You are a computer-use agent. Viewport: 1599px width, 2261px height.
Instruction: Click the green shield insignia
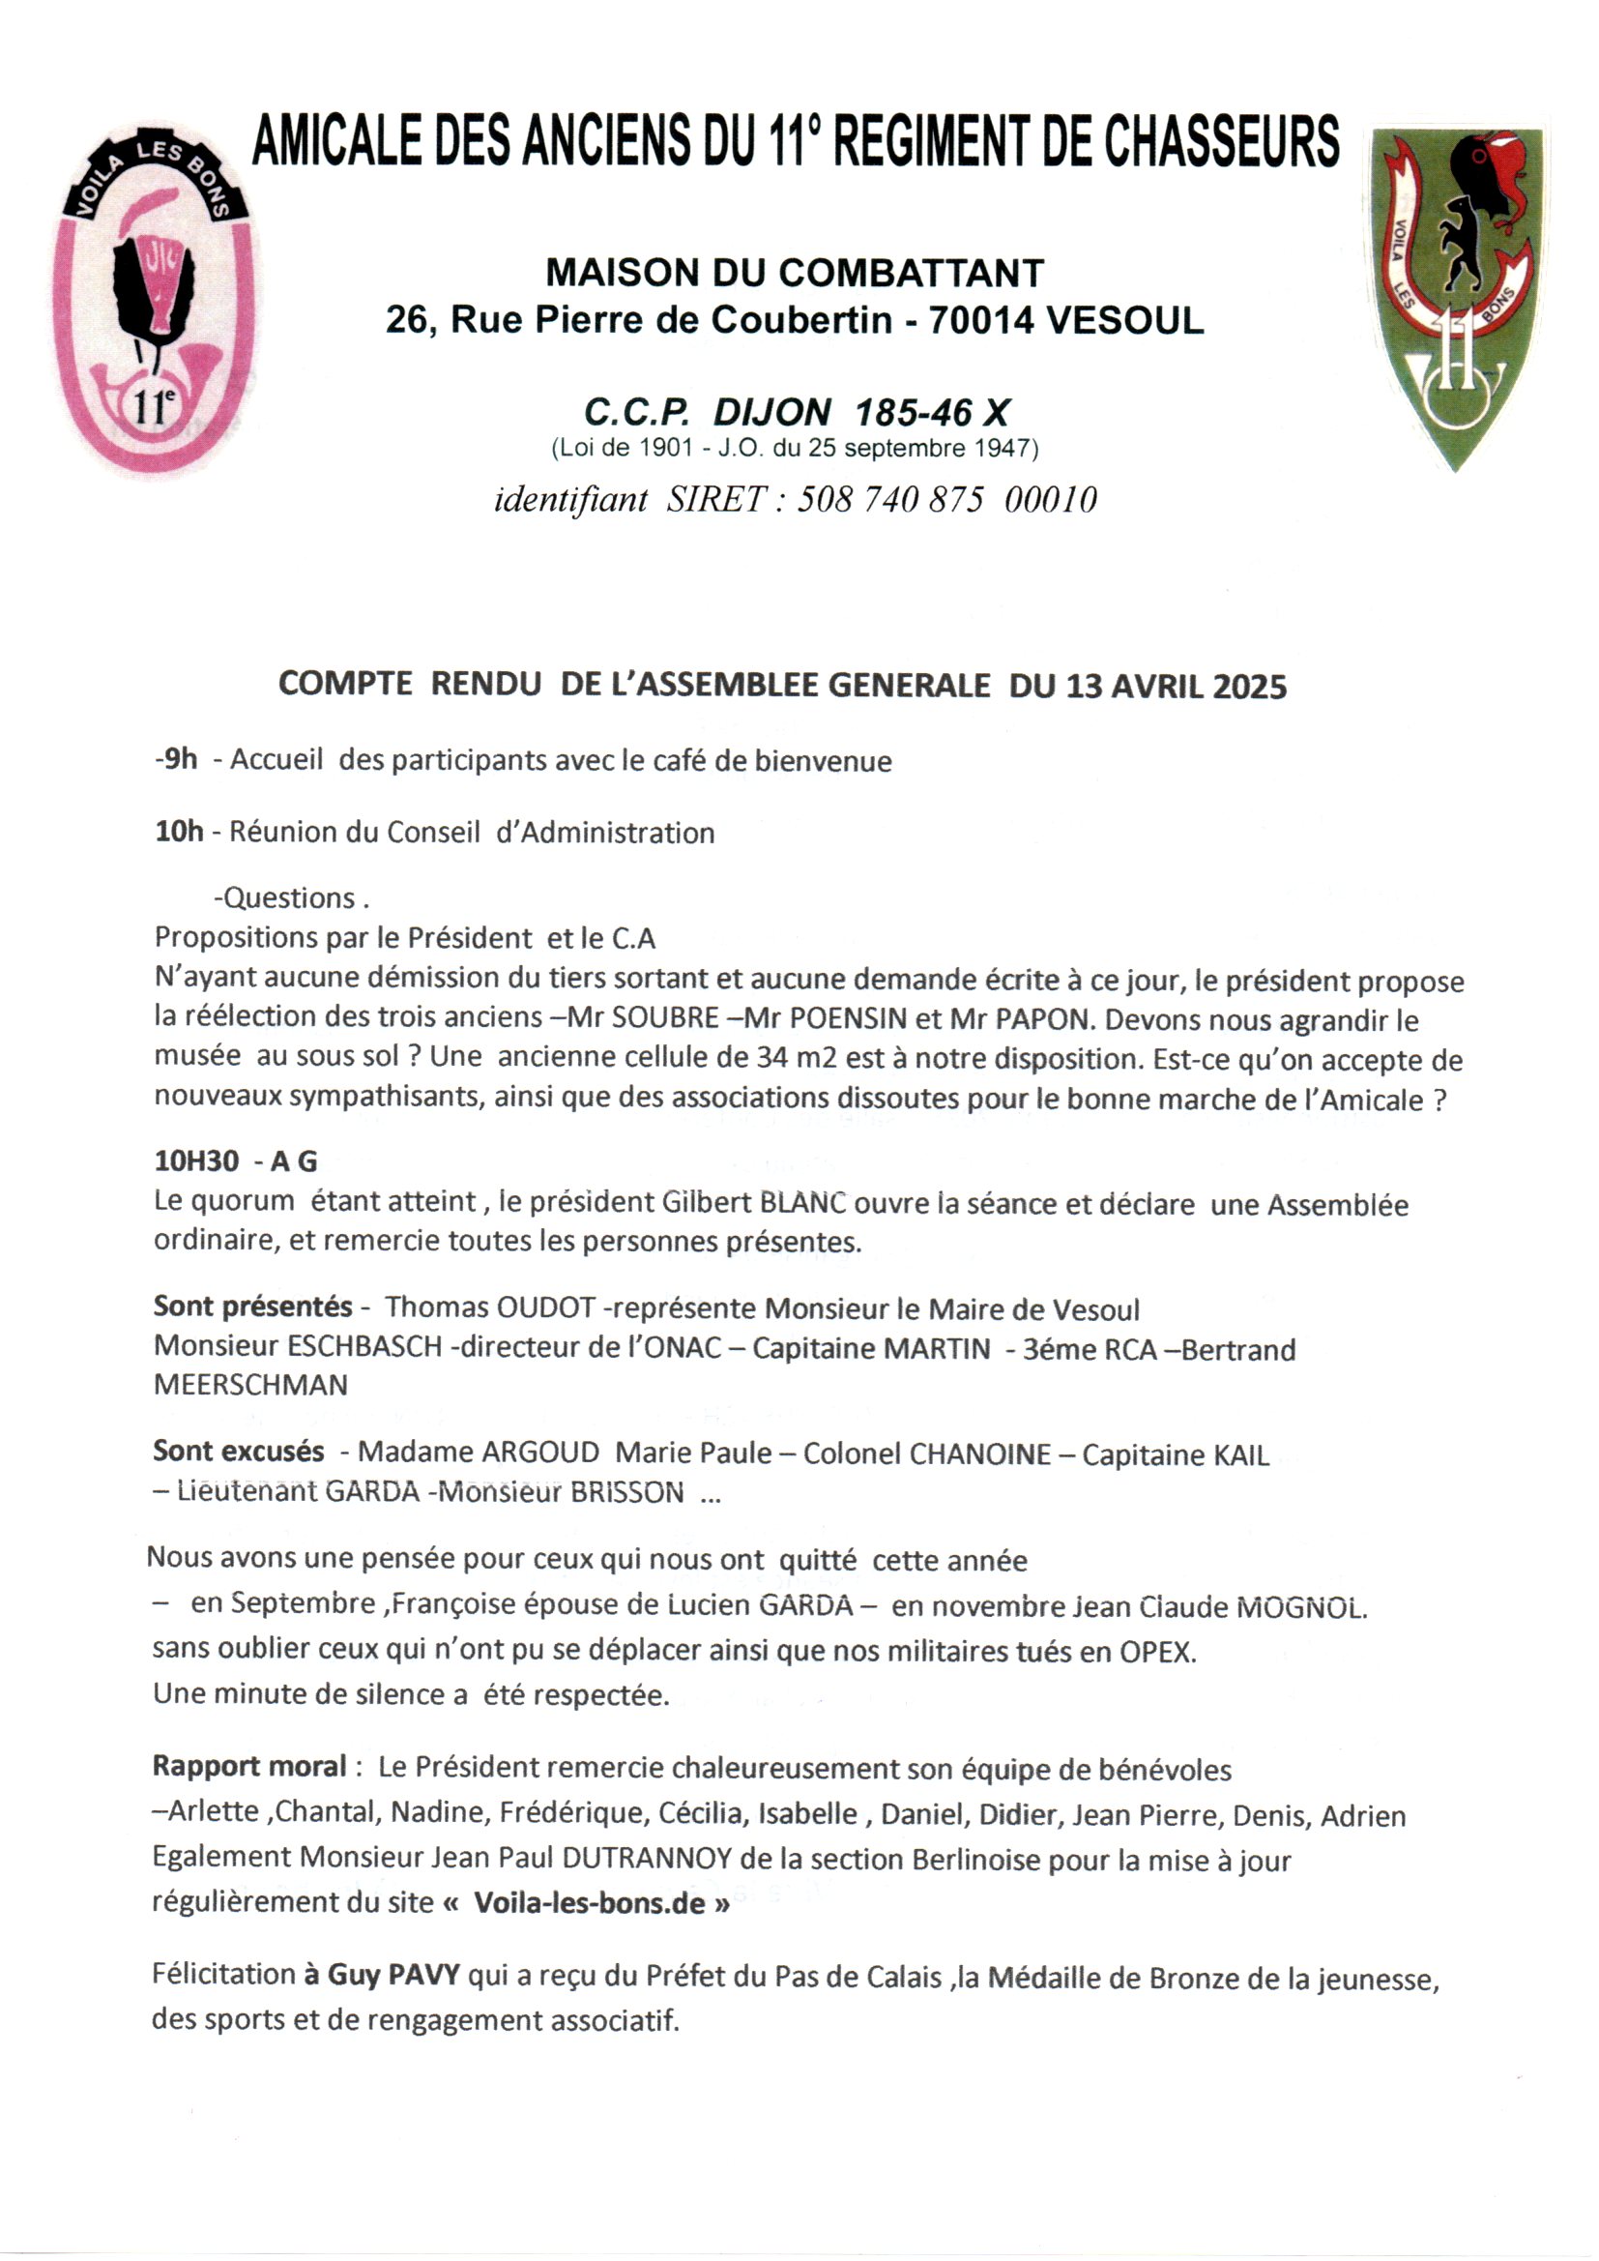[1457, 295]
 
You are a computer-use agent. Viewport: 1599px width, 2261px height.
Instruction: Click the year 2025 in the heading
[1249, 687]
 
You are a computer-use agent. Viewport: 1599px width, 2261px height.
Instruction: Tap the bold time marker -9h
[176, 759]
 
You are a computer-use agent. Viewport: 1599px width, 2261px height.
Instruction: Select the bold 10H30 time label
[197, 1162]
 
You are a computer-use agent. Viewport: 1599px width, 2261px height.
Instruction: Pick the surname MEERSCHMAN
[251, 1385]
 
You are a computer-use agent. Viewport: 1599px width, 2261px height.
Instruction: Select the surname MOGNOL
[1300, 1608]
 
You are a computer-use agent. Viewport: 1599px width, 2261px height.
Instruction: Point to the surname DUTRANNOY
[647, 1860]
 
